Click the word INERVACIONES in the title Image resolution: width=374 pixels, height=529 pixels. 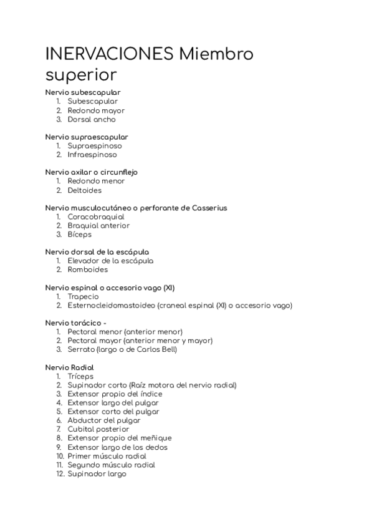110,55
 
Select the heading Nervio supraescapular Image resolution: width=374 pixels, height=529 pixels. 87,137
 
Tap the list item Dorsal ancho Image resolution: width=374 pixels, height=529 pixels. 92,119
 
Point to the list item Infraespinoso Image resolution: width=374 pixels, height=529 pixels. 92,155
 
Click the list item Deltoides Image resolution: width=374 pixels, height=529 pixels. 84,190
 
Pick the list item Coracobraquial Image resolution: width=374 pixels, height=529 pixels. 96,217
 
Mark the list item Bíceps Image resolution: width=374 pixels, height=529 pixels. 79,235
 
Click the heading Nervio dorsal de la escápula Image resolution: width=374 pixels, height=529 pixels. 97,252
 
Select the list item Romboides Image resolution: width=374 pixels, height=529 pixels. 87,269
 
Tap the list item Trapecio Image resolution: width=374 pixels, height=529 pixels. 83,296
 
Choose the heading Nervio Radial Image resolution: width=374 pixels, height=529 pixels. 69,367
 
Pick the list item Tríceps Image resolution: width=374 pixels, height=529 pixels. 80,376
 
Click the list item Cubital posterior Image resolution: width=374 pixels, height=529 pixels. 98,429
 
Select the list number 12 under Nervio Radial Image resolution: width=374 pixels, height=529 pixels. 59,473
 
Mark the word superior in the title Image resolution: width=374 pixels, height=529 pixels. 81,75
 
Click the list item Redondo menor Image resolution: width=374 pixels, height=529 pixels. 96,181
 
